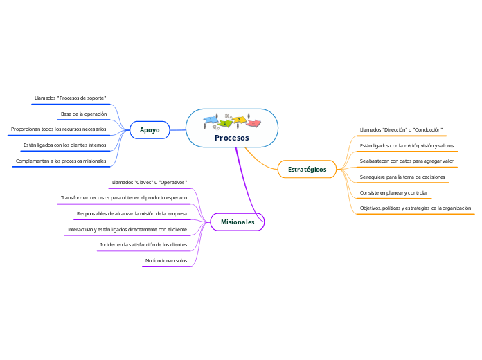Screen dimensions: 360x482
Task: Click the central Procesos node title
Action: click(x=231, y=138)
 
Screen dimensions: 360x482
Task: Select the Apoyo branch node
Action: click(x=150, y=129)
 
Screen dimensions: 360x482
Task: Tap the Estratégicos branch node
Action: click(x=307, y=169)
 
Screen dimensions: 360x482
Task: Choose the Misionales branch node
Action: click(x=238, y=222)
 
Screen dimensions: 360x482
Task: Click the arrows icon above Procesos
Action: click(x=232, y=121)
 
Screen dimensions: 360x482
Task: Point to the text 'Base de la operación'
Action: click(x=83, y=114)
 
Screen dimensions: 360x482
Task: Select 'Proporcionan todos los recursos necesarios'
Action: click(x=59, y=129)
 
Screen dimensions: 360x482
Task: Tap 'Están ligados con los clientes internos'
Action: click(x=64, y=145)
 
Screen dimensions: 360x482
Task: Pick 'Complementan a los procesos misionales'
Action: click(x=61, y=161)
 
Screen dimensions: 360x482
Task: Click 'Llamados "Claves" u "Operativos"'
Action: click(x=150, y=182)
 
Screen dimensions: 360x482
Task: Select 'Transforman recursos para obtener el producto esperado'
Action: click(x=123, y=198)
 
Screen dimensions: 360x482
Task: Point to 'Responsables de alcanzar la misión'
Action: click(x=132, y=213)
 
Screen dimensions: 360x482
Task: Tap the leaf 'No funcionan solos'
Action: click(x=166, y=260)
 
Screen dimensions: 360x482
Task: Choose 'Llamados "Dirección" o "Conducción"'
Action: click(x=401, y=129)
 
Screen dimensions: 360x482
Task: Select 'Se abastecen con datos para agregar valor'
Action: click(x=407, y=161)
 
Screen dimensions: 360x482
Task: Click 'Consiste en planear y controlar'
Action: click(x=393, y=192)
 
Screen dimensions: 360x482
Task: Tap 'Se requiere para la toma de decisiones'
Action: click(x=402, y=177)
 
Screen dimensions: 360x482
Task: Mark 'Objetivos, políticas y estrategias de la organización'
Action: click(x=416, y=208)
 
